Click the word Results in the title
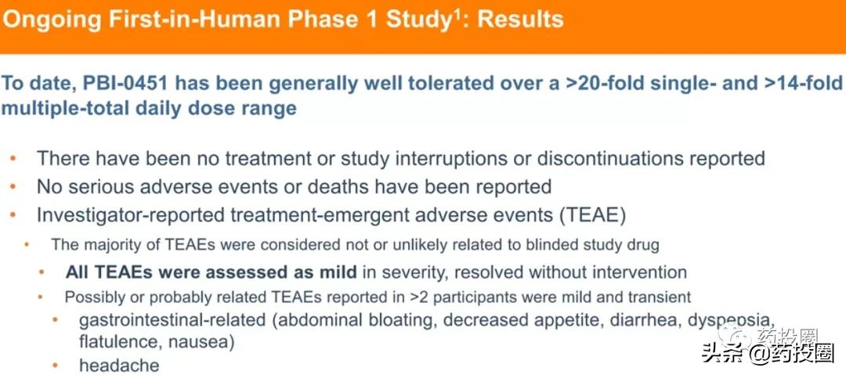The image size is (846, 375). coord(520,20)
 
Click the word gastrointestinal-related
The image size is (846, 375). coord(172,319)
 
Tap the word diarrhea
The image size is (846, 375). coord(645,319)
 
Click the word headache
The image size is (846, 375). coord(119,366)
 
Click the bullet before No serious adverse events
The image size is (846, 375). coord(13,186)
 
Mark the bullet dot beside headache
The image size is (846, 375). coord(55,366)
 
